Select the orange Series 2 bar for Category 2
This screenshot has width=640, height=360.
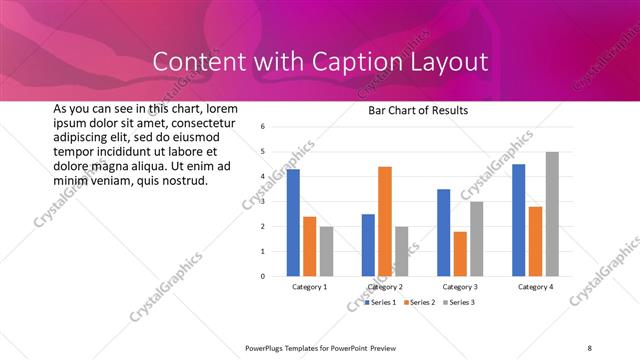coord(385,221)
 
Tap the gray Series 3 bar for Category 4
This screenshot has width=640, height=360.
coord(552,214)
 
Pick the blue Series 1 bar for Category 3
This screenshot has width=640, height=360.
coord(443,233)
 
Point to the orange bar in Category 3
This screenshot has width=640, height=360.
coord(460,254)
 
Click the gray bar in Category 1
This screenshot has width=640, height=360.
coord(327,251)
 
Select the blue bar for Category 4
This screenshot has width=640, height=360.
coord(518,220)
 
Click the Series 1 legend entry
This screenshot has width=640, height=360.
coord(381,302)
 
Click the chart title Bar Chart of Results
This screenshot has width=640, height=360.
coord(411,110)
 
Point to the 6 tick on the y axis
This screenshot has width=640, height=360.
coord(261,127)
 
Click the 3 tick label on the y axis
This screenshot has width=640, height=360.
coord(261,202)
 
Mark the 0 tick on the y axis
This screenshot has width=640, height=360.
coord(261,276)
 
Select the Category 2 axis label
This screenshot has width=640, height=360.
coord(385,287)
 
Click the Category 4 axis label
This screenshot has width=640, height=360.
coord(535,287)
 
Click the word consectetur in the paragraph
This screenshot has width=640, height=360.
coord(196,122)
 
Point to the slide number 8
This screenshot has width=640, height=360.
coord(590,348)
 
